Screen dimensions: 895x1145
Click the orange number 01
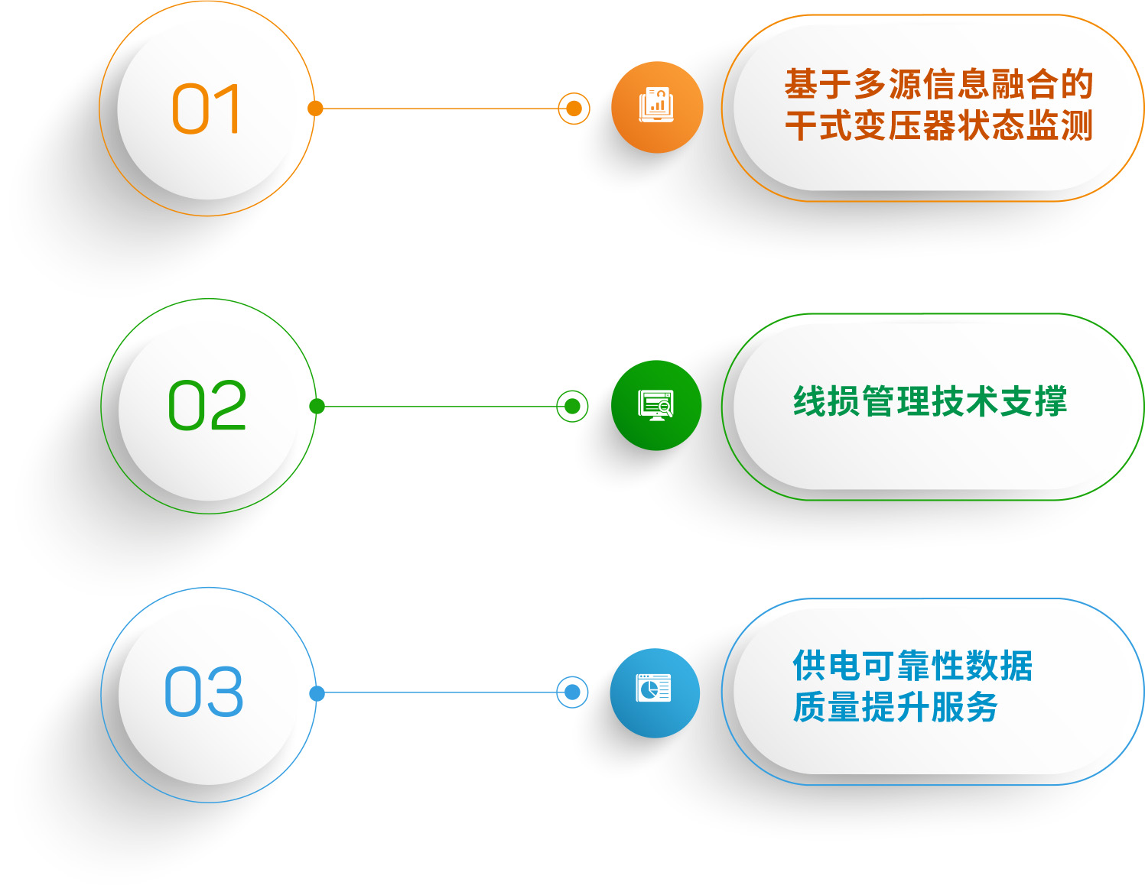tap(206, 109)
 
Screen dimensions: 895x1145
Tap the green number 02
tap(207, 405)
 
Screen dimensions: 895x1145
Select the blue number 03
tap(204, 692)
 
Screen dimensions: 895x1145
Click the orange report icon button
tap(656, 107)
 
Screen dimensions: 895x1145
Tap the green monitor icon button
tap(655, 405)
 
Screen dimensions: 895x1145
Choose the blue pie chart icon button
tap(655, 692)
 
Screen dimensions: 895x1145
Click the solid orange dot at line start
tap(315, 109)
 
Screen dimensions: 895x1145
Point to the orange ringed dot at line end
tap(574, 109)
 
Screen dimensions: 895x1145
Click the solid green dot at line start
tap(317, 406)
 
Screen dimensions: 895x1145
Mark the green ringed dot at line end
tap(572, 406)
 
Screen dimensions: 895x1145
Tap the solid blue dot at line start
tap(317, 693)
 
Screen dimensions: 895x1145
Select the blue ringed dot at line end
tap(572, 692)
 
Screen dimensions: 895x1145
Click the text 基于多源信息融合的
tap(938, 84)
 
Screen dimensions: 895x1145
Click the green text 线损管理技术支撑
tap(930, 401)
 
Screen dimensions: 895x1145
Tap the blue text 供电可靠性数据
tap(912, 666)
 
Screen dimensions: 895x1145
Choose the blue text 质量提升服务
tap(895, 707)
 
